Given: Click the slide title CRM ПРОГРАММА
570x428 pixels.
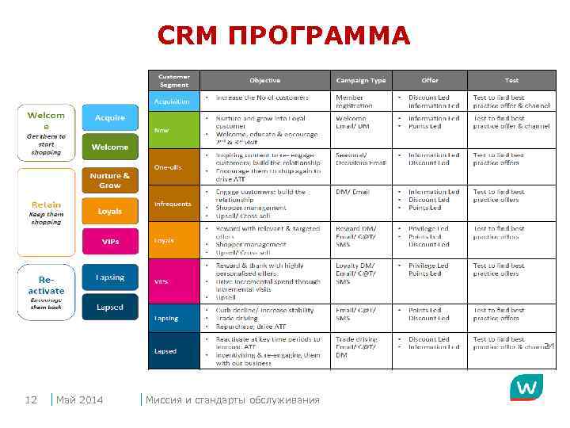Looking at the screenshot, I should tap(284, 36).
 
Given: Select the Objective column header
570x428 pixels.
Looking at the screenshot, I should tap(264, 81).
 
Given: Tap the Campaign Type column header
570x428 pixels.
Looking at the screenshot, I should tap(361, 81).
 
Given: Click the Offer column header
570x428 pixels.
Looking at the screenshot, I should tap(430, 81).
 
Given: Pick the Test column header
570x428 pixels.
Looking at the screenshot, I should tap(512, 81).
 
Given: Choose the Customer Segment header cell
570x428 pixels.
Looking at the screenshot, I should tap(173, 80).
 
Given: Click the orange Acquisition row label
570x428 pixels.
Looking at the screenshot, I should tap(173, 101).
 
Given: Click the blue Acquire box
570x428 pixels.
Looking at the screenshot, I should tap(110, 118).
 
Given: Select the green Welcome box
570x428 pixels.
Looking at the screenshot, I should tap(110, 147).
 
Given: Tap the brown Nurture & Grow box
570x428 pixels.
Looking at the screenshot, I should tap(110, 180).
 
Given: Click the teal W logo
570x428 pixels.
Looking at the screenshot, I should tap(526, 388).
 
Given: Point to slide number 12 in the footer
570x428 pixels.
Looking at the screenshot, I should tap(32, 399).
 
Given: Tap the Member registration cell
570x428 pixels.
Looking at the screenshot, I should tap(355, 101).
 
